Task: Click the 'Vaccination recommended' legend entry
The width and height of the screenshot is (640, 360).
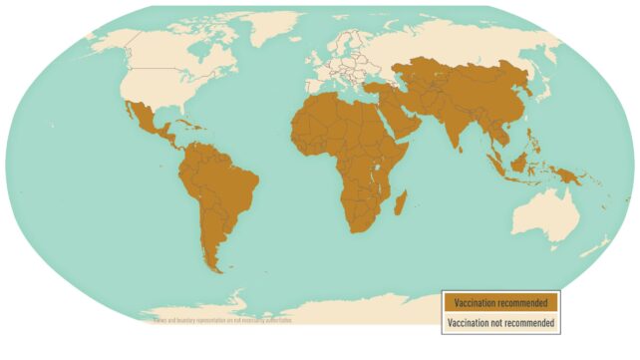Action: click(501, 302)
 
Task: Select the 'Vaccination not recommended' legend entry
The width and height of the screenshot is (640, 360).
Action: click(501, 322)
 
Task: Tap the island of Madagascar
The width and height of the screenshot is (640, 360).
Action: click(401, 204)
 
